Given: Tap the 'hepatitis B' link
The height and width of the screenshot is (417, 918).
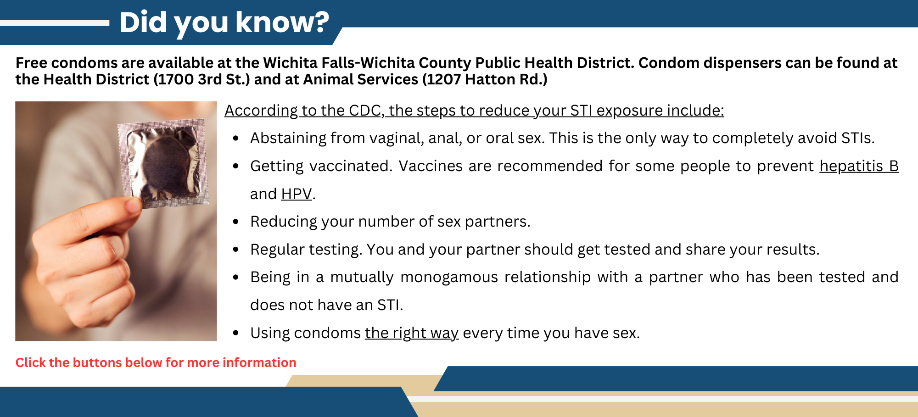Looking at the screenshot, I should (859, 166).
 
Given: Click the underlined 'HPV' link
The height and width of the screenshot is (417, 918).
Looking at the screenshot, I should (297, 194).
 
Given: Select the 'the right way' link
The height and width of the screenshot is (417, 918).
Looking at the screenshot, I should (411, 333).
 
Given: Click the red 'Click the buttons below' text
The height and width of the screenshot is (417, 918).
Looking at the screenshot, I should (156, 362).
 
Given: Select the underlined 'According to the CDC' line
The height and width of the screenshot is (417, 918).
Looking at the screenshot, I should (474, 111).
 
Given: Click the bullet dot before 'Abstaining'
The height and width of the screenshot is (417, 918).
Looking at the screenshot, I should (236, 138).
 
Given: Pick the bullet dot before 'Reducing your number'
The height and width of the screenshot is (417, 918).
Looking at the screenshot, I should (236, 222).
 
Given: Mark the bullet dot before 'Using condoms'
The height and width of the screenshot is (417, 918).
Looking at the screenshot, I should (236, 333).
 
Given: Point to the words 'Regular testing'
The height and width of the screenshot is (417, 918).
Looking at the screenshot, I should (306, 250).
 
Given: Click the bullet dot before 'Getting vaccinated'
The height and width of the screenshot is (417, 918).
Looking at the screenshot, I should (236, 166).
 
